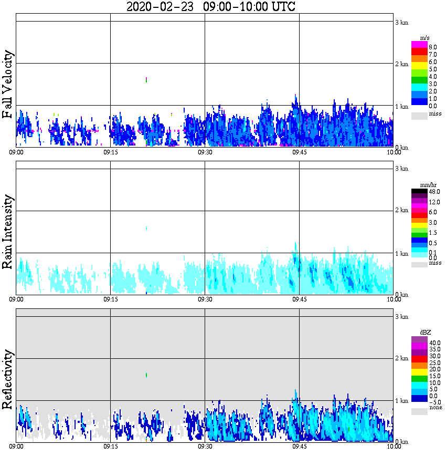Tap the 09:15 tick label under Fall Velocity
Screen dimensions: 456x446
(110, 152)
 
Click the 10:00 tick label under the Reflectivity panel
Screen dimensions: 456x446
(394, 446)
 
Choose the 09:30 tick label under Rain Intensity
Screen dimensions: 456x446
(205, 299)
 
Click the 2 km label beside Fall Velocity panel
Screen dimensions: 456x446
(401, 64)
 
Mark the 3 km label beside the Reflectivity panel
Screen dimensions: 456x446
(401, 317)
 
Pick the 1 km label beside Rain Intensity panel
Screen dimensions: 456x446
(401, 254)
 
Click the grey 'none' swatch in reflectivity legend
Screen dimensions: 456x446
(419, 412)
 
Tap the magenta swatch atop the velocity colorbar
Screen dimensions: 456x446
(419, 44)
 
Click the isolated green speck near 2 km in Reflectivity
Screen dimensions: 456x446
(146, 375)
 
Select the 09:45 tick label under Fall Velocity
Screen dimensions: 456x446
(299, 152)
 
